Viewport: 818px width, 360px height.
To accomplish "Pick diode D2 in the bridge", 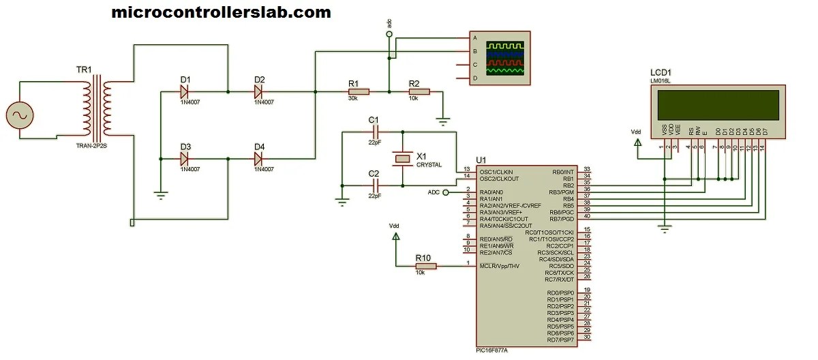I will tap(259, 91).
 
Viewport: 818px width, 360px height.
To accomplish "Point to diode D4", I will tap(259, 159).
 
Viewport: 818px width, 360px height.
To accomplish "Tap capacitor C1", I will tap(374, 132).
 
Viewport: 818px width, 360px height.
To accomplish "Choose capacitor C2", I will tap(374, 185).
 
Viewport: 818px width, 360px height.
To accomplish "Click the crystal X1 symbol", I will tap(403, 159).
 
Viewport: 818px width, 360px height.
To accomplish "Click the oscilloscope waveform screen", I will tap(505, 58).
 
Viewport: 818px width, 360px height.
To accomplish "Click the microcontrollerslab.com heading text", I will tap(221, 12).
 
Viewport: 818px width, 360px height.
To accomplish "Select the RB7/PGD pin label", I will tap(562, 219).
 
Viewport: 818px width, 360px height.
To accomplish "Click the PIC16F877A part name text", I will tap(491, 350).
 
